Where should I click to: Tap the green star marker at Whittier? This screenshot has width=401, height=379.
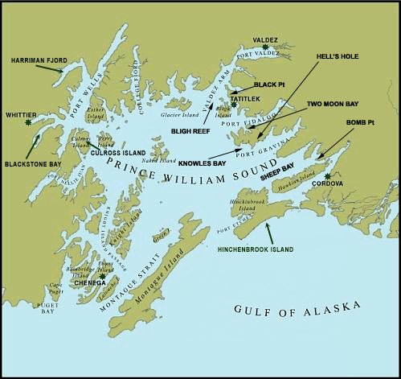coord(29,123)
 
